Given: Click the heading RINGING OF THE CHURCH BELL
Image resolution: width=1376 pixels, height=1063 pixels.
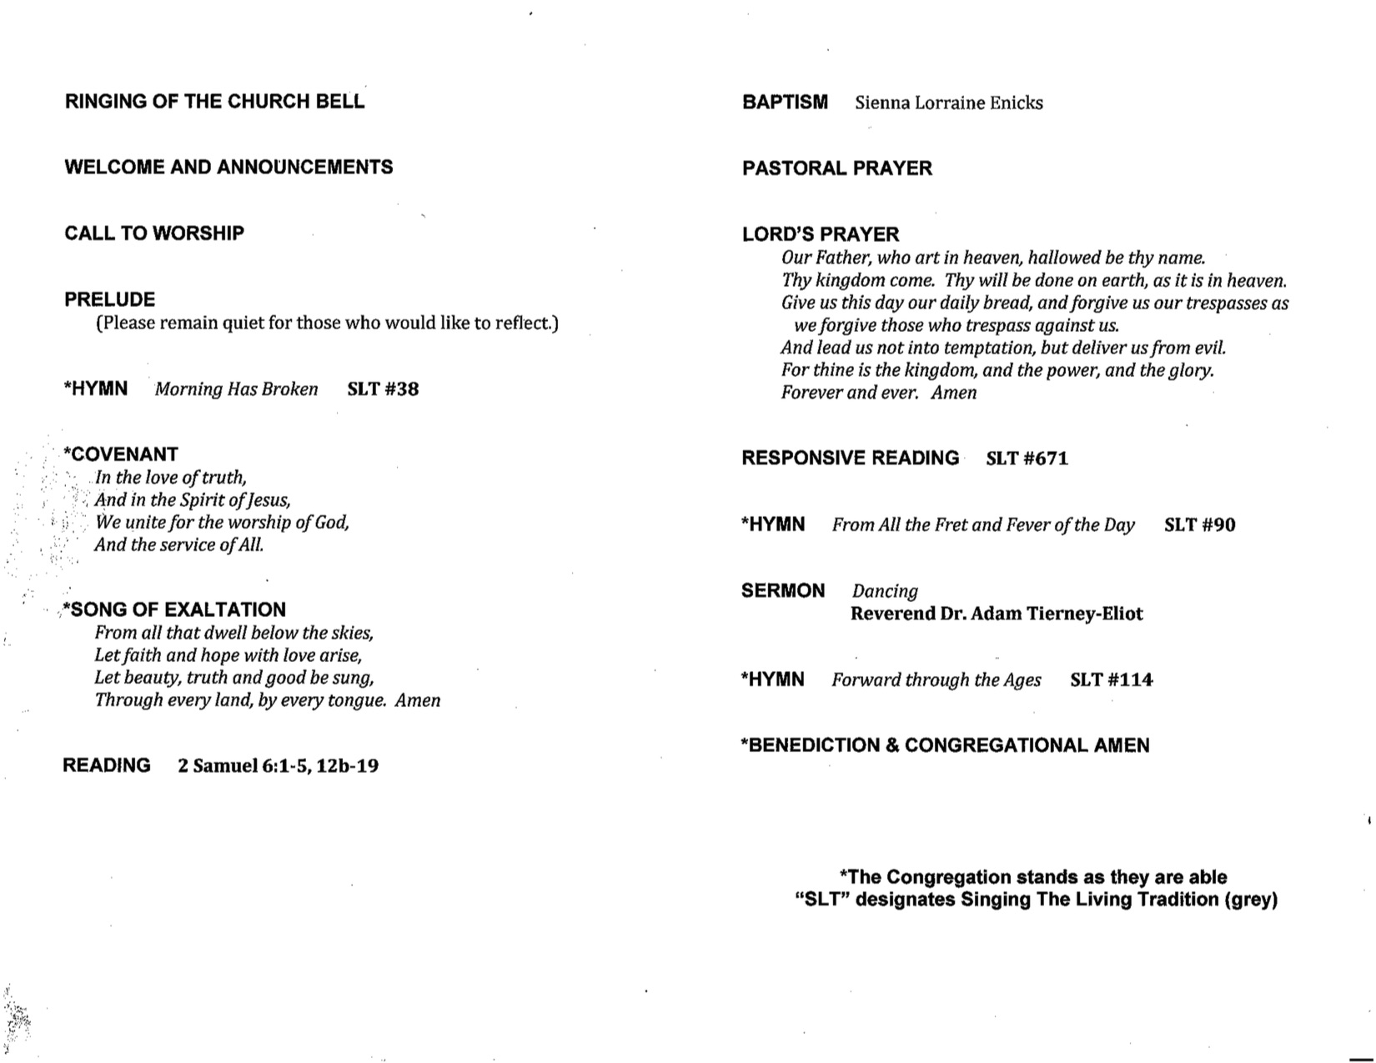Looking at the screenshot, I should point(214,102).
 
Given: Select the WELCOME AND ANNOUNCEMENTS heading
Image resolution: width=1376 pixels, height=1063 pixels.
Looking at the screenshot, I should point(228,167).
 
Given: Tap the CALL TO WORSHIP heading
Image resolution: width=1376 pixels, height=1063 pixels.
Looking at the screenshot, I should point(154,233).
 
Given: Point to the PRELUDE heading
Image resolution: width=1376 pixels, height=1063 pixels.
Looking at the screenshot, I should point(109,299).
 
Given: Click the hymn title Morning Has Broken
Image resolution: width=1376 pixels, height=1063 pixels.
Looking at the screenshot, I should point(236,389).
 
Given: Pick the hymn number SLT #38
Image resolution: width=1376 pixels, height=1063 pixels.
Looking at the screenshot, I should point(383,389).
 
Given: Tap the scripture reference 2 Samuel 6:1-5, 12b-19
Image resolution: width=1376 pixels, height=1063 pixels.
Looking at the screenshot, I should point(278,765).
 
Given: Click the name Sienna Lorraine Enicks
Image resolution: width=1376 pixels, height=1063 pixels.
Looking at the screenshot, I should point(948,103).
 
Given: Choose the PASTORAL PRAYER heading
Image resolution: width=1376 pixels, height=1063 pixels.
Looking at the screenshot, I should point(836,168).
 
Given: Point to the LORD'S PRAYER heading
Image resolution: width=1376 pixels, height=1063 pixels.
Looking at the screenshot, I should point(821,234).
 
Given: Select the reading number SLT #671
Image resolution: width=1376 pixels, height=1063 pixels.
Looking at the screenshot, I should point(1027,459).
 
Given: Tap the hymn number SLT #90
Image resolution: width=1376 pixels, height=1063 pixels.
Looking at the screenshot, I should point(1199,525).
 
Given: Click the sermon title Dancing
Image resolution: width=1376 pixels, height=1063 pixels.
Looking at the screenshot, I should point(884,591).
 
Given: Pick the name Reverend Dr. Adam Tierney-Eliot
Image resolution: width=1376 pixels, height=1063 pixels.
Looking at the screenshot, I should point(996,614).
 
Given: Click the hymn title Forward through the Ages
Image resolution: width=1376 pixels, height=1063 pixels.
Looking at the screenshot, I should point(936,680).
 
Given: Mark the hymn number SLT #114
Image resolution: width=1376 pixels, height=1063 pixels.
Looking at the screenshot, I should point(1111,680).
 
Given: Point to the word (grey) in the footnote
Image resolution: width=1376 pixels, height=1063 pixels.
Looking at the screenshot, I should point(1250,900).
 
